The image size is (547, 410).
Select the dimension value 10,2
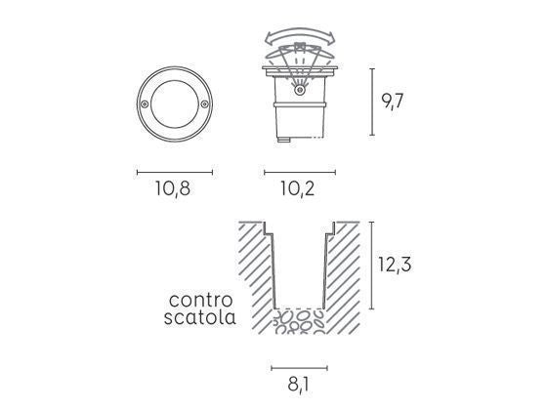point(298,189)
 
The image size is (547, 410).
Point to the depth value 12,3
point(398,264)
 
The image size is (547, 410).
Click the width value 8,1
point(298,385)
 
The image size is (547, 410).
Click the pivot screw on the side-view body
point(300,91)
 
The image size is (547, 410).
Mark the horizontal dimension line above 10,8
point(174,172)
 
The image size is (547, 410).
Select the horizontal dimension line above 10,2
point(300,172)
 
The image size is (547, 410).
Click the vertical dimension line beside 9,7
point(373,102)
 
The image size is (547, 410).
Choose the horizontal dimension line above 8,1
point(299,368)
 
